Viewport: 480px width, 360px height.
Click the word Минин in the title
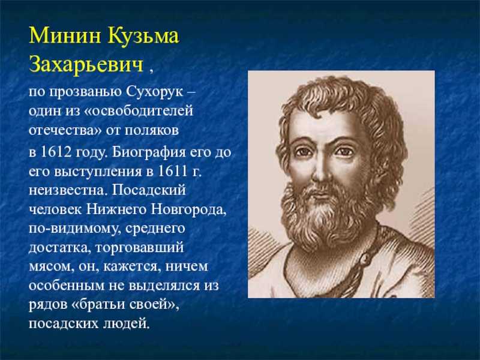click(x=65, y=35)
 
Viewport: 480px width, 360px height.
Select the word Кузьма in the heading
click(x=143, y=36)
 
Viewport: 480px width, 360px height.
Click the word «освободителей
click(x=139, y=111)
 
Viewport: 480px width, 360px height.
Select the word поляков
click(x=152, y=130)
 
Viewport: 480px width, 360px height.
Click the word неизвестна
click(x=67, y=190)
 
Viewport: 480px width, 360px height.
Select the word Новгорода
click(x=188, y=210)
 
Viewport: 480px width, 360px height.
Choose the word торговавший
click(x=139, y=248)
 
